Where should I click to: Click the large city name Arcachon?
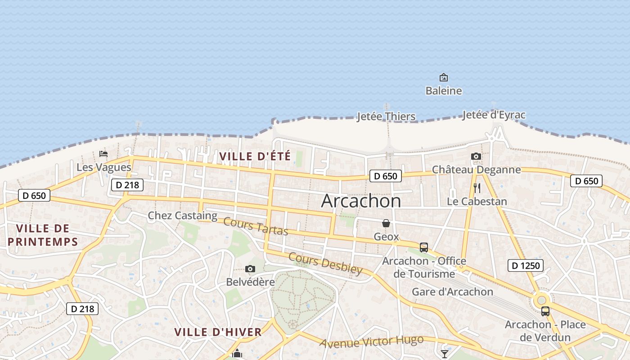pyautogui.click(x=360, y=201)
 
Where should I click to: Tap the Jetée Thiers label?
pyautogui.click(x=386, y=117)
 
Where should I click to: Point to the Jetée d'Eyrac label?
pyautogui.click(x=494, y=115)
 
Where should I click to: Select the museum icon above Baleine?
pyautogui.click(x=444, y=77)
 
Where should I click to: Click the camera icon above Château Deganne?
pyautogui.click(x=476, y=157)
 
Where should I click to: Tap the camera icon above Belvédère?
pyautogui.click(x=250, y=269)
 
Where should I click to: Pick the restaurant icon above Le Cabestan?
pyautogui.click(x=477, y=188)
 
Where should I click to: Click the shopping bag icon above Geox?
pyautogui.click(x=386, y=223)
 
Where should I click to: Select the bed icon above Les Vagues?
pyautogui.click(x=103, y=153)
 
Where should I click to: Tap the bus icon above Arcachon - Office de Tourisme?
pyautogui.click(x=424, y=247)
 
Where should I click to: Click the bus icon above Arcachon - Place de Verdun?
pyautogui.click(x=545, y=311)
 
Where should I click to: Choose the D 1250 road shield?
pyautogui.click(x=526, y=265)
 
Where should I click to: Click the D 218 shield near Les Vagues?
pyautogui.click(x=127, y=184)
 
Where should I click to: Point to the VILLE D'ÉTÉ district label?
pyautogui.click(x=255, y=157)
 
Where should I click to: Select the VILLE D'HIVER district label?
pyautogui.click(x=218, y=332)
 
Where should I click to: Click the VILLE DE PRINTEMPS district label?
pyautogui.click(x=43, y=235)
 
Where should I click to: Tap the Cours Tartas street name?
pyautogui.click(x=255, y=226)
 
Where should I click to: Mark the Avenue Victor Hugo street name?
pyautogui.click(x=371, y=342)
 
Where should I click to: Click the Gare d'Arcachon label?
pyautogui.click(x=452, y=292)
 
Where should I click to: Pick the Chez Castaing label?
pyautogui.click(x=183, y=216)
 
